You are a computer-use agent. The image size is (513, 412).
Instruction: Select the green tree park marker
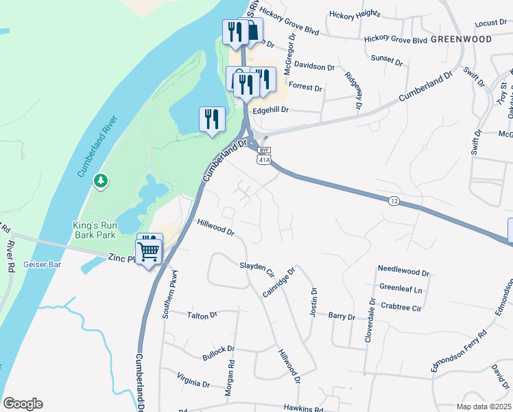coord(102,181)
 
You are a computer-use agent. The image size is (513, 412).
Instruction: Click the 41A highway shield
coord(263,159)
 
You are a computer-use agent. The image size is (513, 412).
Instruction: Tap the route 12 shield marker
coord(392,200)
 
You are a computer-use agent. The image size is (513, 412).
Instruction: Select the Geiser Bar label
coord(43,264)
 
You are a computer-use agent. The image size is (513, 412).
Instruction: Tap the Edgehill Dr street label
coord(271,110)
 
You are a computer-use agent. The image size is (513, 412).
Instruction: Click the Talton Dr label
coord(202,315)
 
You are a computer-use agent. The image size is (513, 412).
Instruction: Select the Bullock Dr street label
coord(218,353)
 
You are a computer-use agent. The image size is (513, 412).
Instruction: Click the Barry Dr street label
coord(342,317)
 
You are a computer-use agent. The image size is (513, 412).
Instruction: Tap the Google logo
coord(23,404)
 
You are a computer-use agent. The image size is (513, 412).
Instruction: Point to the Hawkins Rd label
coord(302,407)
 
